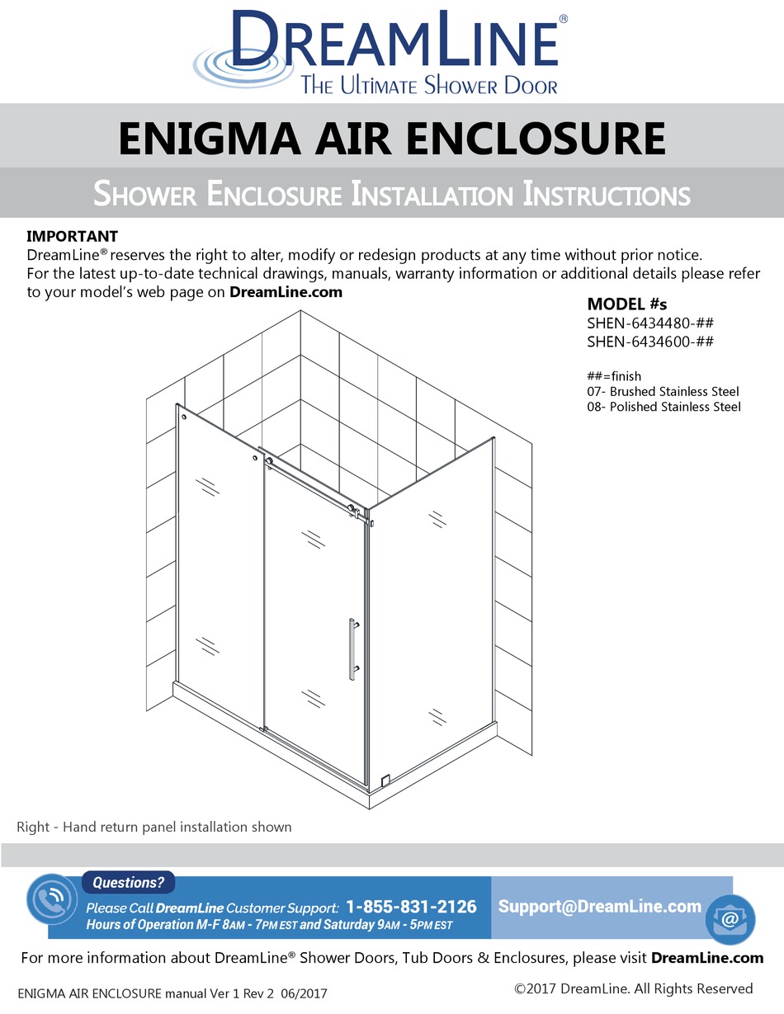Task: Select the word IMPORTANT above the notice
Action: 73,237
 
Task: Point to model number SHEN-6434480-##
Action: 649,323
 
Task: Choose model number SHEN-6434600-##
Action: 649,341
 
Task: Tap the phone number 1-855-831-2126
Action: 411,907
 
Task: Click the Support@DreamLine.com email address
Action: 600,906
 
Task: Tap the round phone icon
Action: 51,902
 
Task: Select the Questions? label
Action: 128,883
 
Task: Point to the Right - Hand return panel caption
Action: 154,827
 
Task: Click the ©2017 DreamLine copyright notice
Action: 633,988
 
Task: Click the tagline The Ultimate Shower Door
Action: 428,85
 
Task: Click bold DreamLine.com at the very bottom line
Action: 707,958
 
